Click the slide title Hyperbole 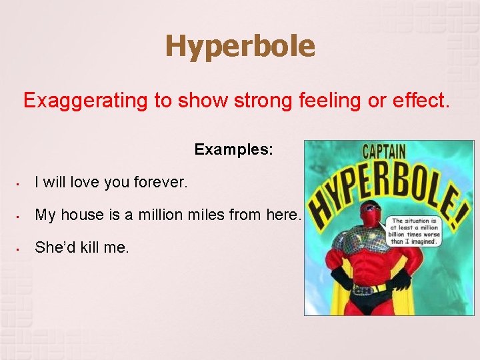click(240, 47)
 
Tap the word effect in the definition click(424, 101)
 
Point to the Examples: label click(233, 149)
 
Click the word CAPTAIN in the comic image click(383, 151)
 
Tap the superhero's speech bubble click(414, 231)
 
